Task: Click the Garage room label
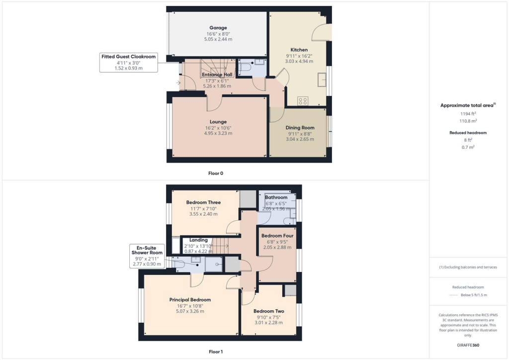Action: tap(218, 28)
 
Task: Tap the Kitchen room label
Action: tap(299, 50)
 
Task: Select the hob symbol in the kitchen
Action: tap(303, 101)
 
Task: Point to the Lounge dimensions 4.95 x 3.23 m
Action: tap(218, 133)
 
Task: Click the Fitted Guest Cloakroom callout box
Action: tap(129, 62)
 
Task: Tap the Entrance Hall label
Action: tap(218, 75)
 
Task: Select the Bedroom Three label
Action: tap(203, 202)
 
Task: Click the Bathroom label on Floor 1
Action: tap(276, 197)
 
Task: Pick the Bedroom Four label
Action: tap(277, 236)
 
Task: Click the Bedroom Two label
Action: tap(268, 311)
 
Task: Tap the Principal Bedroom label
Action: tap(190, 300)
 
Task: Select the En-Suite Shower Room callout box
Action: tap(146, 256)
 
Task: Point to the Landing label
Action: tap(198, 240)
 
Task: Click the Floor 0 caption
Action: tap(216, 174)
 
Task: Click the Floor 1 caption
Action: tap(216, 352)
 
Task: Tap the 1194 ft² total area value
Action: tap(468, 114)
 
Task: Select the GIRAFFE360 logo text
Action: tap(468, 345)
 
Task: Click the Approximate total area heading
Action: tap(468, 105)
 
